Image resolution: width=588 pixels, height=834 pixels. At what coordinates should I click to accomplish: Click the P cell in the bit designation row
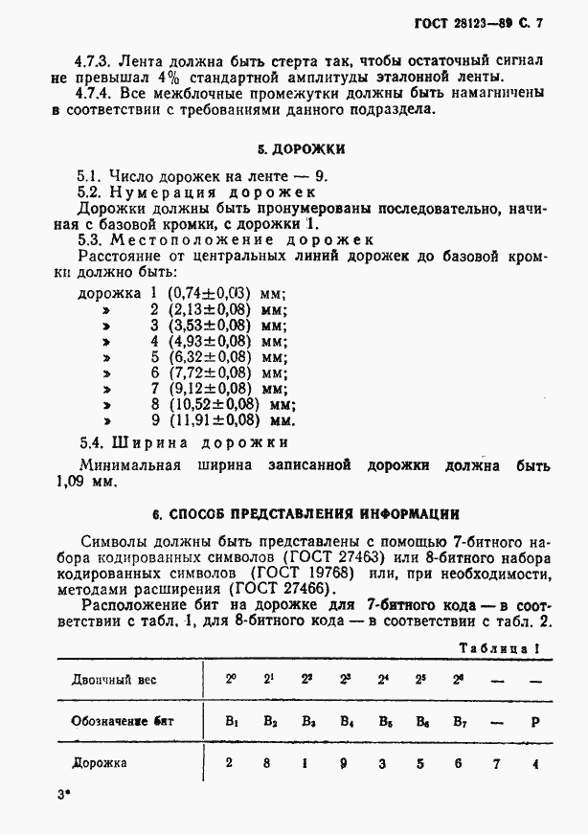click(x=533, y=721)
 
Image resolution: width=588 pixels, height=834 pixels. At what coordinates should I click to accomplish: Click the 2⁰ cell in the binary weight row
click(x=231, y=679)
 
